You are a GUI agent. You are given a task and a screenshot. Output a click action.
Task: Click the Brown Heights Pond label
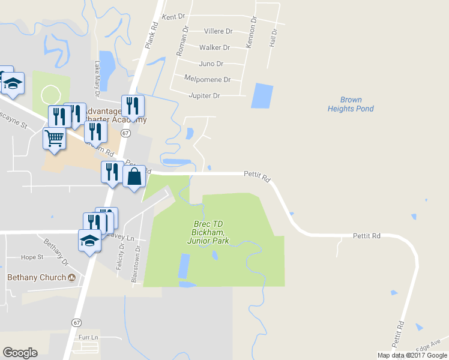(351, 104)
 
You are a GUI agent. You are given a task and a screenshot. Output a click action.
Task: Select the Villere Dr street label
(218, 31)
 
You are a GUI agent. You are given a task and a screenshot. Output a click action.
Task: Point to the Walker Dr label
(214, 47)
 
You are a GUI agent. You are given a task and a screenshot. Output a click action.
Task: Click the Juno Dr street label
(211, 64)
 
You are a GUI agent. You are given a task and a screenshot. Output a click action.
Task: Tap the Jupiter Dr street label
(204, 95)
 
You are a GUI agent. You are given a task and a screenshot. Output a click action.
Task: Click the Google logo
(20, 353)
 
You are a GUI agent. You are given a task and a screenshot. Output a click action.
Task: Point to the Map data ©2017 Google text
(412, 355)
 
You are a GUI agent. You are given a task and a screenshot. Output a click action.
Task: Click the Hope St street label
(32, 257)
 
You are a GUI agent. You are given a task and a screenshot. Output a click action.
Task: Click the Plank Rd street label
(151, 36)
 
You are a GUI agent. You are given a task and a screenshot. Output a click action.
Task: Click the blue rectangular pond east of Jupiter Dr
(261, 96)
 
